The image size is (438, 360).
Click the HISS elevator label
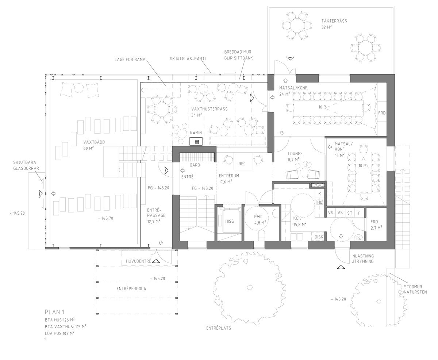pyautogui.click(x=229, y=221)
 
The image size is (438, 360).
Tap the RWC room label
pyautogui.click(x=258, y=217)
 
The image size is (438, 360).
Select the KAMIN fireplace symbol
pyautogui.click(x=196, y=141)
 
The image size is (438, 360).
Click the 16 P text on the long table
pyautogui.click(x=322, y=107)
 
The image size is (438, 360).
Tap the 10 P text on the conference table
pyautogui.click(x=362, y=166)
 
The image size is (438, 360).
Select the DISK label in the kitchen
pyautogui.click(x=319, y=237)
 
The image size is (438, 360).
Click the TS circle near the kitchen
pyautogui.click(x=358, y=238)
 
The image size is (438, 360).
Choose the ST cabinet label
pyautogui.click(x=350, y=213)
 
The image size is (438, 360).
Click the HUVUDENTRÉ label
pyautogui.click(x=138, y=261)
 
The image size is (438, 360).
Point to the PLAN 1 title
pyautogui.click(x=55, y=312)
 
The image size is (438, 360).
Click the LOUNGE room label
pyautogui.click(x=295, y=154)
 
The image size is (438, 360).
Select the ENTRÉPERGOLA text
pyautogui.click(x=131, y=289)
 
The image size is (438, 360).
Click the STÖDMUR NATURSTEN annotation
pyautogui.click(x=415, y=290)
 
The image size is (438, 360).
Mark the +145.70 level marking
pyautogui.click(x=105, y=218)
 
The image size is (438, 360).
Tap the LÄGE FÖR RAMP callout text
pyautogui.click(x=130, y=60)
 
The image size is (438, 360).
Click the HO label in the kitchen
pyautogui.click(x=320, y=202)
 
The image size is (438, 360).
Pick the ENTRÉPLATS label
pyautogui.click(x=219, y=328)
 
